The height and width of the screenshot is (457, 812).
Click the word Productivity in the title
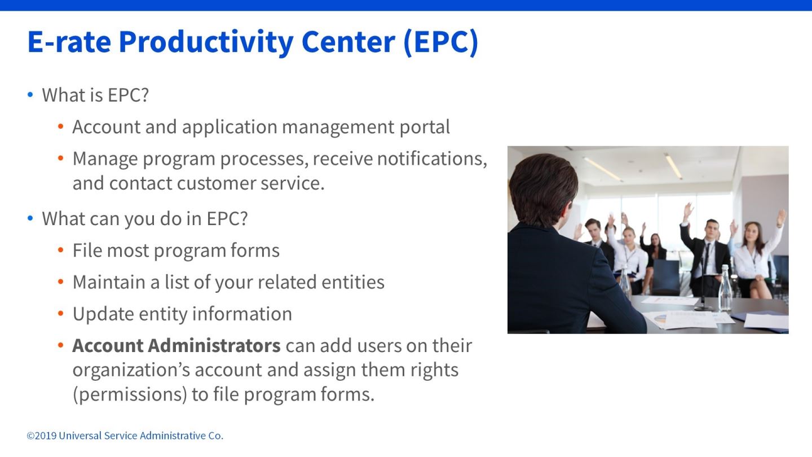pos(206,43)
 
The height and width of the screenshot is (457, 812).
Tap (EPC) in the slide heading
pos(441,43)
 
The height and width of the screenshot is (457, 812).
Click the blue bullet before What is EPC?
pos(30,95)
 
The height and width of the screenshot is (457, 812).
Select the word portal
pos(425,128)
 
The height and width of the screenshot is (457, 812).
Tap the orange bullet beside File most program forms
pos(61,251)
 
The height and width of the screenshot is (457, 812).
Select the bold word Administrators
pos(214,345)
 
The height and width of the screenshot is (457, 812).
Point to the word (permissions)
pos(130,394)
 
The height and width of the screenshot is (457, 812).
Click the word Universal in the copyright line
pos(80,436)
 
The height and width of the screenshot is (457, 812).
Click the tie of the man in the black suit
pos(705,262)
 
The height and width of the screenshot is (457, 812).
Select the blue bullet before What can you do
pos(30,218)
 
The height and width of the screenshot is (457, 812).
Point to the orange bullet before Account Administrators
pos(61,345)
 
